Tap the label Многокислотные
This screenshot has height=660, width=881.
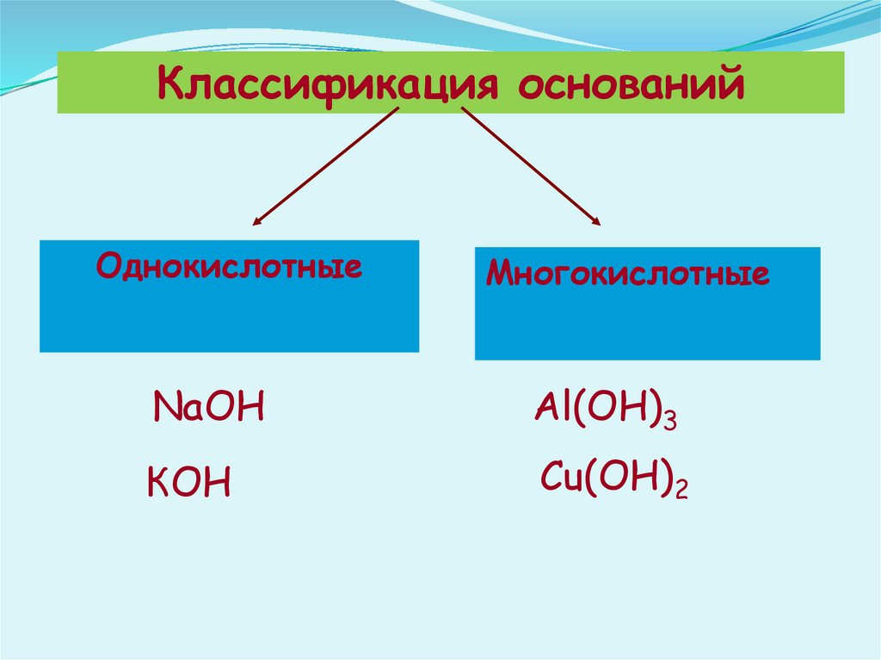pos(628,274)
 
